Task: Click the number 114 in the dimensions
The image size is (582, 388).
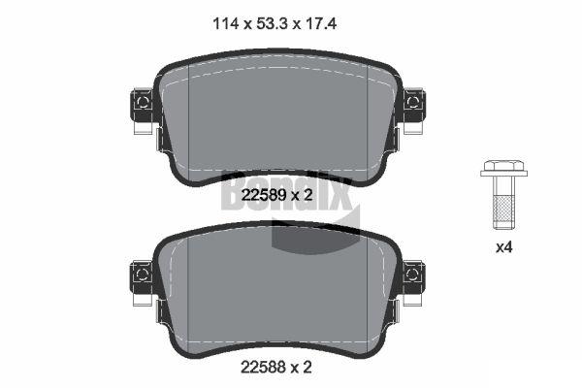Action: tap(225, 24)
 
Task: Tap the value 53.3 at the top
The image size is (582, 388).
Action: tap(273, 24)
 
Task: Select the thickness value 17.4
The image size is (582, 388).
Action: tap(321, 24)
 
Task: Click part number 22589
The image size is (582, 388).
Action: tap(263, 195)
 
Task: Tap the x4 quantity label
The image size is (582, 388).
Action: tap(504, 247)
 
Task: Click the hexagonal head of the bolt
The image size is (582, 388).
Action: tap(503, 165)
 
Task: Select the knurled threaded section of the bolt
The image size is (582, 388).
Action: tap(503, 210)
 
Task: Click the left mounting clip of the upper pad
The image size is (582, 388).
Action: tap(142, 105)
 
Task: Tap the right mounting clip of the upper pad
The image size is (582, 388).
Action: tap(414, 105)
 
